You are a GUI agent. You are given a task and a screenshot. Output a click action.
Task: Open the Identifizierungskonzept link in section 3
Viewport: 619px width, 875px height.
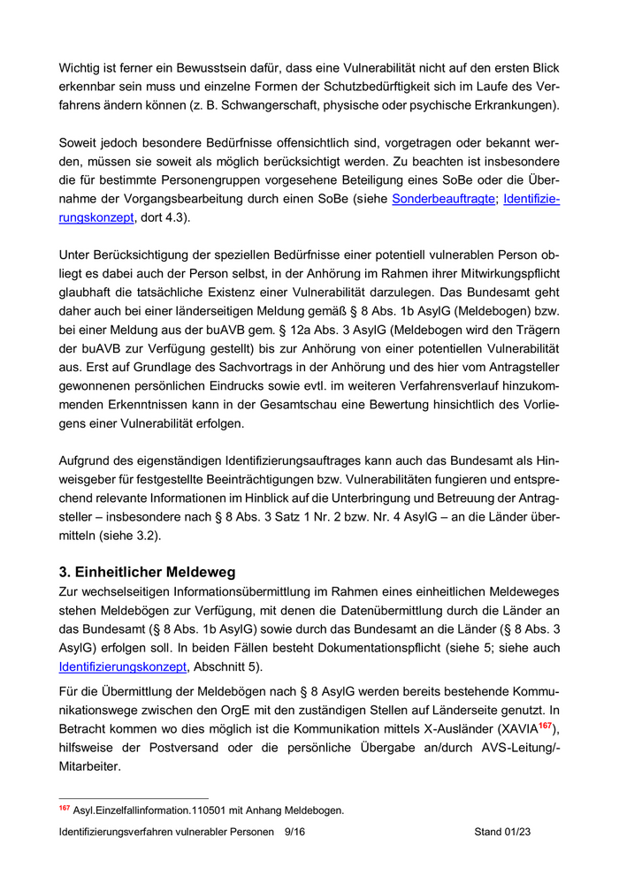[123, 666]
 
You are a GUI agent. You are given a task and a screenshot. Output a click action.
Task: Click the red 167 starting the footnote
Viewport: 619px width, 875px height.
[65, 808]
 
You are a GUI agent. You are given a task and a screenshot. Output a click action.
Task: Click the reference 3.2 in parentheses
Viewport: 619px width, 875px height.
[147, 536]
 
